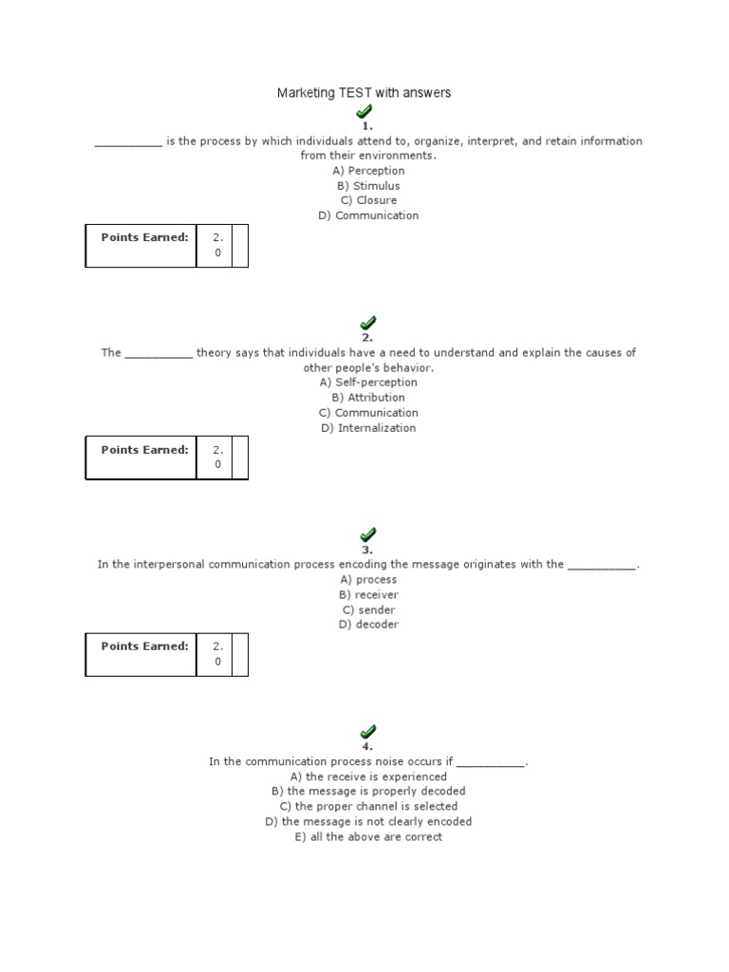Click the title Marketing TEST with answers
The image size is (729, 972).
[x=364, y=93]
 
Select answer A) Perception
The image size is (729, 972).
[x=368, y=171]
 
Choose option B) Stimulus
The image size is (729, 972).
[x=368, y=186]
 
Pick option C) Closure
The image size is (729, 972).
[x=368, y=200]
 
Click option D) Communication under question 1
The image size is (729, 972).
[x=368, y=215]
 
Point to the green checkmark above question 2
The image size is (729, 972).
[x=367, y=324]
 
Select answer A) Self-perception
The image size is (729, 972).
[x=368, y=383]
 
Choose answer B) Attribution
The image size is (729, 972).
[x=368, y=398]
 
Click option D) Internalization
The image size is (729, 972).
[x=368, y=428]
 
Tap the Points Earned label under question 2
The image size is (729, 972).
[x=144, y=450]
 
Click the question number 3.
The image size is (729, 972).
[x=367, y=550]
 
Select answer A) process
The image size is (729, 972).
[x=368, y=579]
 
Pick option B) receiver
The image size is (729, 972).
[x=368, y=594]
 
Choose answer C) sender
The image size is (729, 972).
[x=368, y=609]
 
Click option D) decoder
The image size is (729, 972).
[x=368, y=625]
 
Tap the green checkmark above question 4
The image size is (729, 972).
[x=367, y=732]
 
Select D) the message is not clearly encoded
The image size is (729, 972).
[x=368, y=822]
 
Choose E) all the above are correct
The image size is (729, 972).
[x=368, y=837]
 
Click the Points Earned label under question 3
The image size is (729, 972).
[x=144, y=646]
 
